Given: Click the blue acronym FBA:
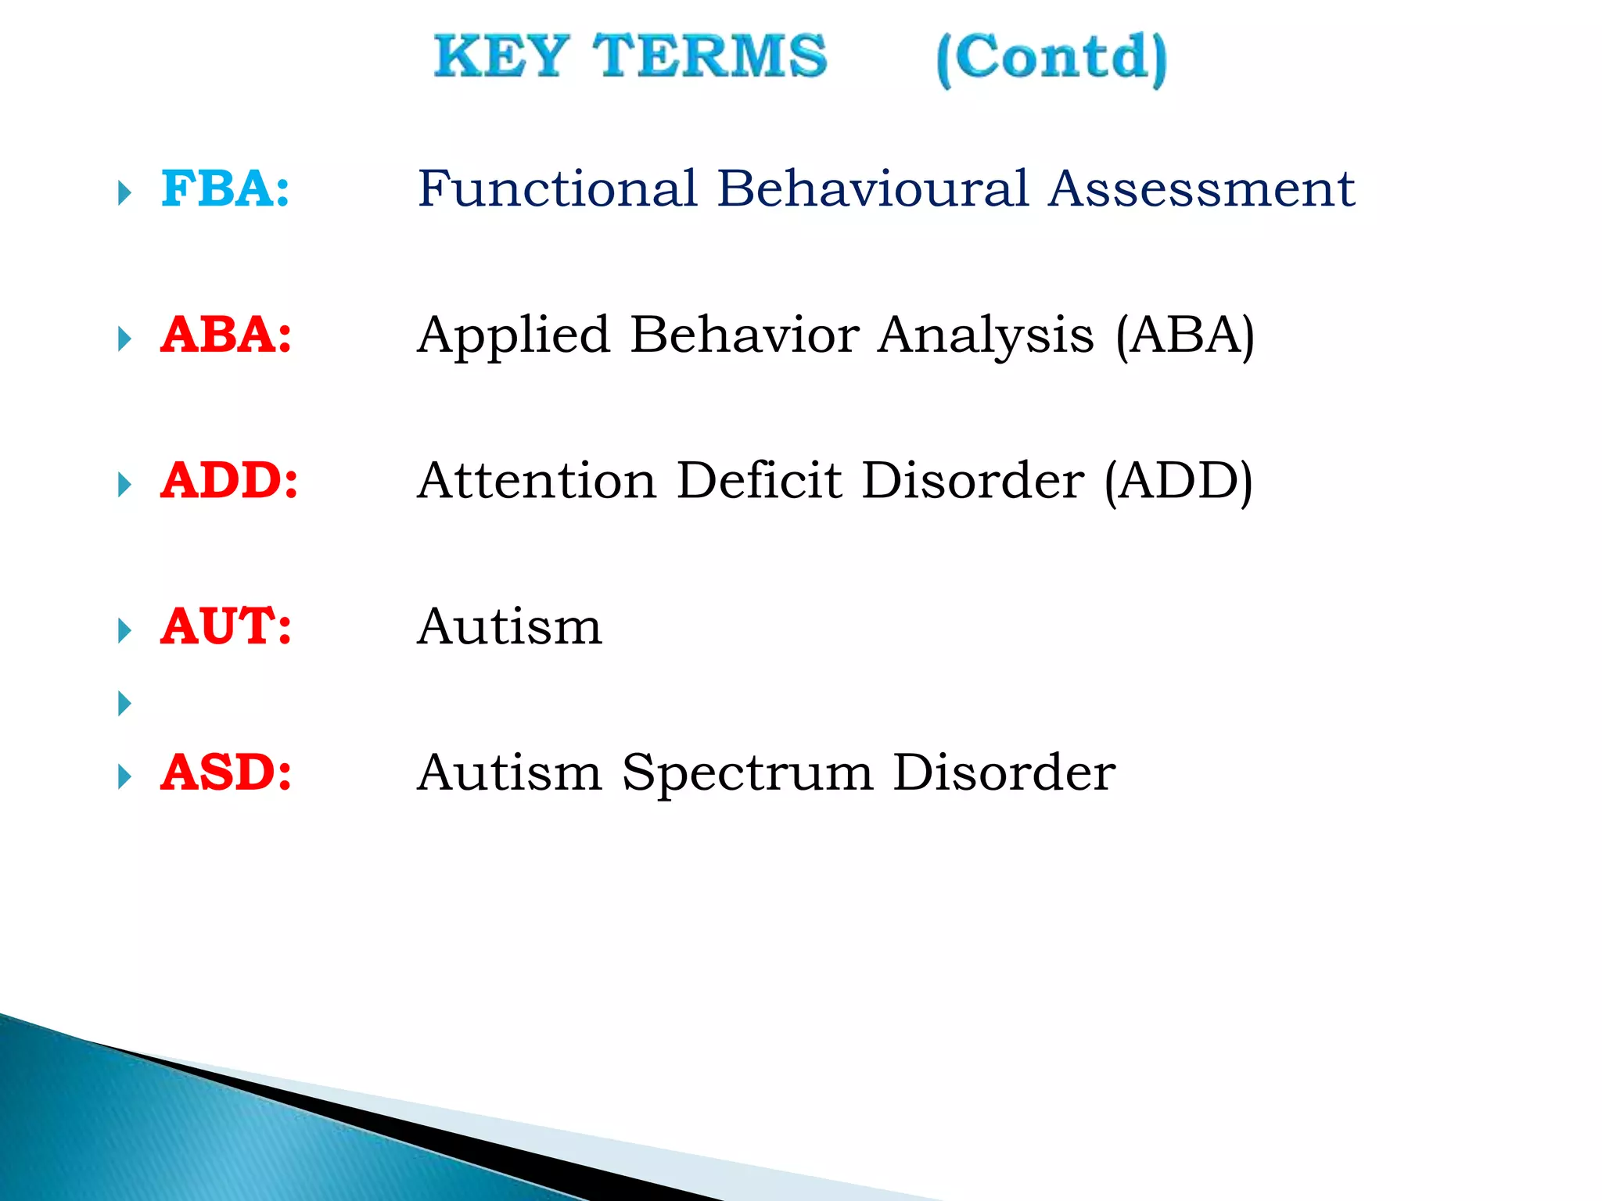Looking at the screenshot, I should click(x=225, y=189).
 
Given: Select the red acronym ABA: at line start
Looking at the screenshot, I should click(x=226, y=335).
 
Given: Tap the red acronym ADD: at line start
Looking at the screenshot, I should click(x=229, y=481).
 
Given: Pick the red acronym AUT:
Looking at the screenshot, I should click(x=226, y=627).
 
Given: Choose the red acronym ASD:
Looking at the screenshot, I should click(x=226, y=773).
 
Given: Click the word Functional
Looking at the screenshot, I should click(x=557, y=189).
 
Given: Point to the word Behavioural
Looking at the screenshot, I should click(x=872, y=189).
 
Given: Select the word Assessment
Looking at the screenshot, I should click(x=1201, y=189).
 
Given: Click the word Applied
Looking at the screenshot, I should click(x=513, y=337).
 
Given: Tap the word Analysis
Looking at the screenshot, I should click(x=986, y=337).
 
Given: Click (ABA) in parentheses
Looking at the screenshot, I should click(x=1184, y=337).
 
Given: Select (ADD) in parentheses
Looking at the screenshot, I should click(x=1178, y=482).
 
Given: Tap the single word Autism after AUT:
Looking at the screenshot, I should click(x=510, y=627).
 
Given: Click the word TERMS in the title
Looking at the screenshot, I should click(x=709, y=56).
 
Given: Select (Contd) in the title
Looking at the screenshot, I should click(x=1051, y=59).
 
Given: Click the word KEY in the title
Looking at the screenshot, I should click(x=501, y=56).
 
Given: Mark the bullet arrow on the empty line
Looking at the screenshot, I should click(x=124, y=703).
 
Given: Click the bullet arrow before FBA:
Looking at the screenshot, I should click(x=124, y=192).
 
